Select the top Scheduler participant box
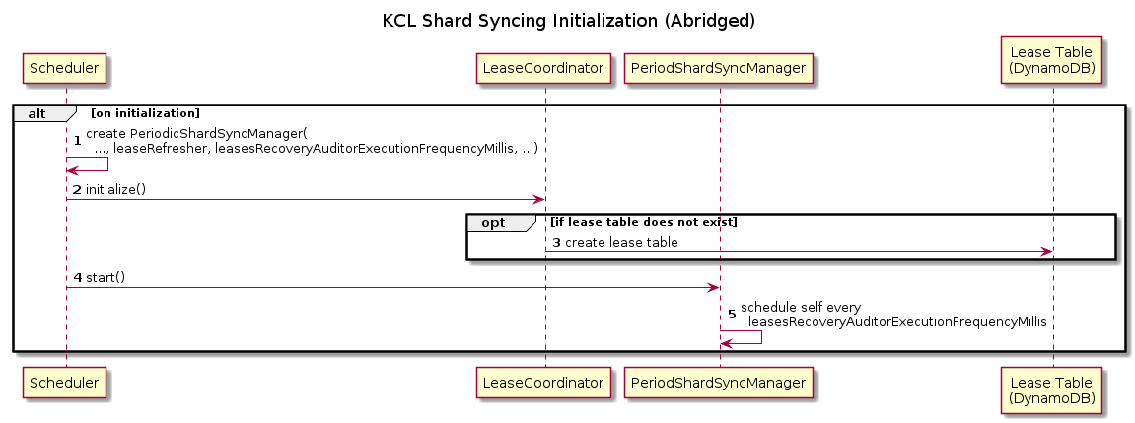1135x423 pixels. click(x=66, y=67)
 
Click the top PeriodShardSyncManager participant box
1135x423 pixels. click(x=720, y=67)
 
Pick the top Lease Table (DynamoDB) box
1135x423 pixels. click(x=1052, y=59)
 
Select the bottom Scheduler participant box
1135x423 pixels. click(x=66, y=381)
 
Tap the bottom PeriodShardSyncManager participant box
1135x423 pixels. click(x=720, y=381)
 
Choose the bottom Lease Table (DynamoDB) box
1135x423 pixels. click(x=1052, y=381)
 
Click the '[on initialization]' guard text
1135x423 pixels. click(x=145, y=113)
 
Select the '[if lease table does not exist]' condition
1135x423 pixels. click(x=644, y=222)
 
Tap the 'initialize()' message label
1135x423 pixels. click(x=115, y=189)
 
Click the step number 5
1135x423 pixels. click(x=731, y=315)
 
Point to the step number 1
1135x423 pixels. click(x=77, y=140)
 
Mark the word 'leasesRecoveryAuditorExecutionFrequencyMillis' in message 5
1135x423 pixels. click(x=897, y=321)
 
